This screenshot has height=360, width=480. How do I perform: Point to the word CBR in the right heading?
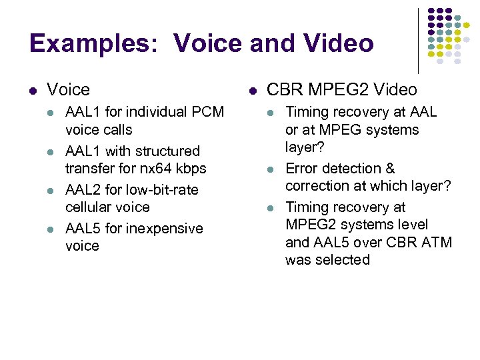point(283,89)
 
